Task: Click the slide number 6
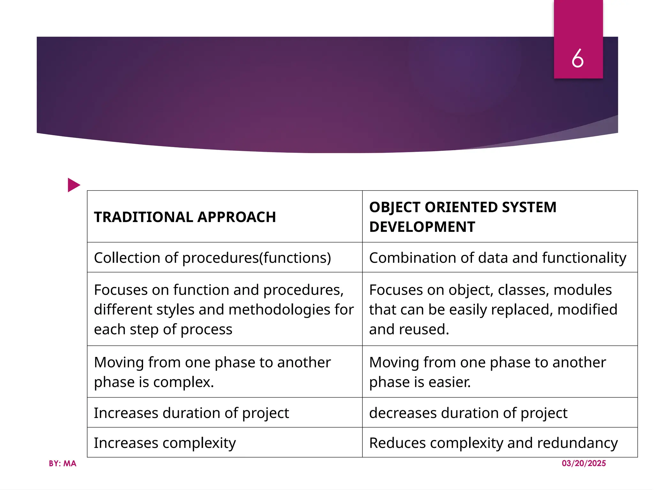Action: pyautogui.click(x=578, y=58)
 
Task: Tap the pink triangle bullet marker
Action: pyautogui.click(x=74, y=185)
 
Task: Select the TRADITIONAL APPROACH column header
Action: pyautogui.click(x=185, y=217)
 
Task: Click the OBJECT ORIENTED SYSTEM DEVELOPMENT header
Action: pyautogui.click(x=463, y=217)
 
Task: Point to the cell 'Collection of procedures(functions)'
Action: pyautogui.click(x=212, y=258)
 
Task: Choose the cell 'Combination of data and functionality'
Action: pyautogui.click(x=498, y=258)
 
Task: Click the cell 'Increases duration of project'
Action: pyautogui.click(x=191, y=413)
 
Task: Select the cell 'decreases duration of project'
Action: pyautogui.click(x=468, y=413)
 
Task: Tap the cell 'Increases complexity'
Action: pyautogui.click(x=165, y=443)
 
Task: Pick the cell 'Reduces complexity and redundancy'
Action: pyautogui.click(x=493, y=443)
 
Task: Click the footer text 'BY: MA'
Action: pyautogui.click(x=63, y=464)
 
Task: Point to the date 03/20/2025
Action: pyautogui.click(x=584, y=463)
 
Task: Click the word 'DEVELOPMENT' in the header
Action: pyautogui.click(x=422, y=227)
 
